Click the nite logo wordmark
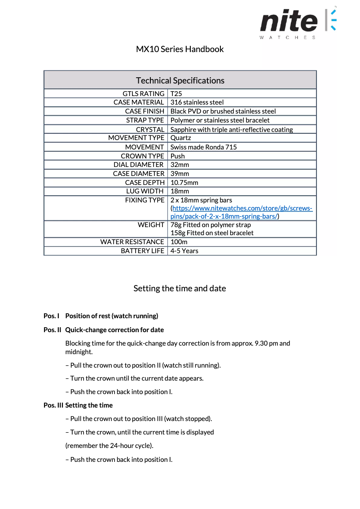tap(289, 22)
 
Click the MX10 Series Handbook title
tap(180, 49)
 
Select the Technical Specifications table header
tap(180, 80)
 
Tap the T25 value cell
tap(176, 94)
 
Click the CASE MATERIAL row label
tap(139, 102)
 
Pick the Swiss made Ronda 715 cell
tap(203, 147)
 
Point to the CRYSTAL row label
tap(150, 130)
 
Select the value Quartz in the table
tap(180, 138)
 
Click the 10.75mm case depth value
tap(184, 183)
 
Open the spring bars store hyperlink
tap(242, 209)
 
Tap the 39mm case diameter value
tap(180, 174)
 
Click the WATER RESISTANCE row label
tap(132, 242)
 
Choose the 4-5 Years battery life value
tap(184, 251)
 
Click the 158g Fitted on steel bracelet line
tap(212, 233)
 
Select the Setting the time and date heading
tap(180, 289)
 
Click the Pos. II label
tap(52, 330)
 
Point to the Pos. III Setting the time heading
tap(78, 405)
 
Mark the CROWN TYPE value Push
tap(177, 156)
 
